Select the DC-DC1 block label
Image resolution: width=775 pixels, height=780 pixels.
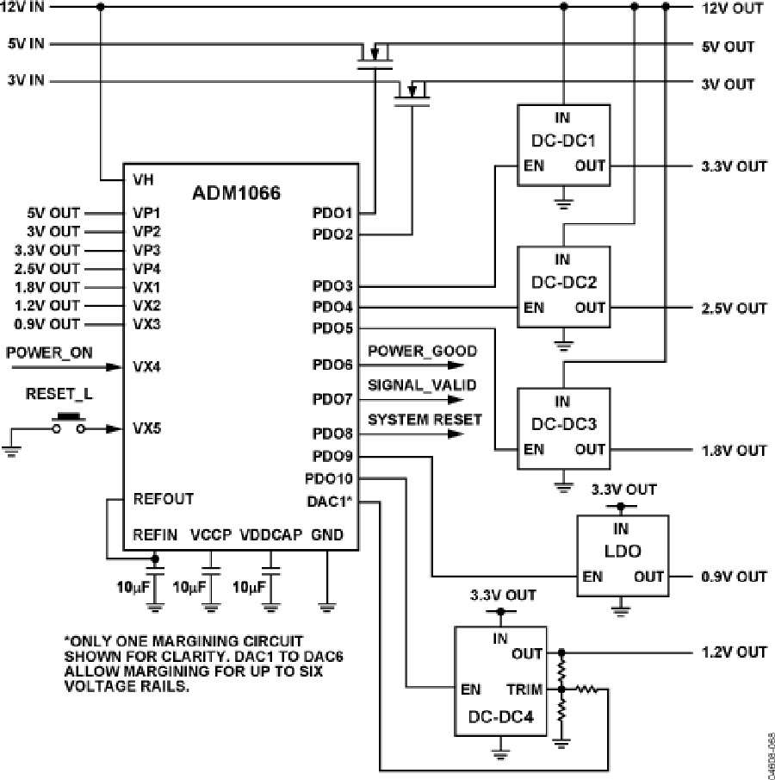[562, 139]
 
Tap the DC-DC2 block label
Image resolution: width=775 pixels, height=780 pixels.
[562, 282]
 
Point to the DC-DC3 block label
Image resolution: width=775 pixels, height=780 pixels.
[562, 424]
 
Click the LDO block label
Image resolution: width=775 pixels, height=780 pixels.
[621, 552]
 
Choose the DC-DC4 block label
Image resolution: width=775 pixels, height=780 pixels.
[500, 716]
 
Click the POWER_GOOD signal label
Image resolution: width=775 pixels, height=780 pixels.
[422, 352]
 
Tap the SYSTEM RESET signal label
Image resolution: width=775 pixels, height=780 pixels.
[425, 420]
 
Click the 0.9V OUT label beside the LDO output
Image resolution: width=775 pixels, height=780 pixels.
[732, 577]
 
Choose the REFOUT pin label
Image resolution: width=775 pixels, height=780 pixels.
[164, 499]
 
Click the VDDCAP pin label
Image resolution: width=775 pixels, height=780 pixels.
[270, 535]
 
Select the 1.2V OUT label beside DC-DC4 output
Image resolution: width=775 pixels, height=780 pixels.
[732, 652]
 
